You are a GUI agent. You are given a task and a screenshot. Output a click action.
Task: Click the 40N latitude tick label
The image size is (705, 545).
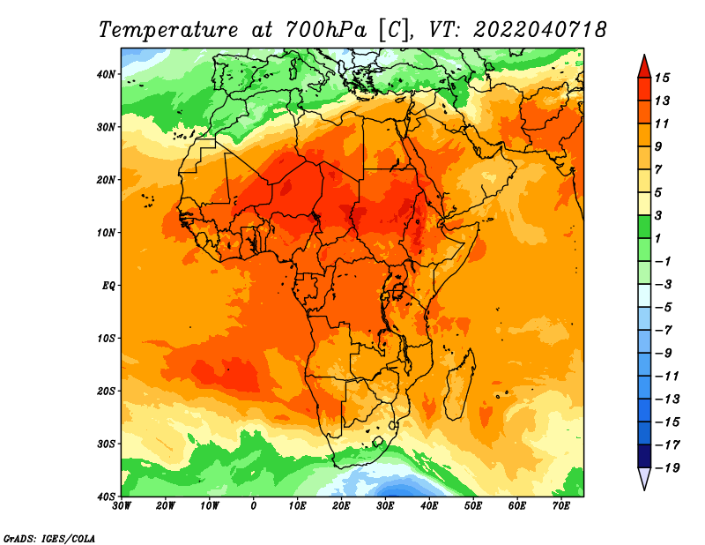click(x=106, y=74)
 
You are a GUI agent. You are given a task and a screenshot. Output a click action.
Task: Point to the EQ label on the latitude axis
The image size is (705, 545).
click(x=108, y=286)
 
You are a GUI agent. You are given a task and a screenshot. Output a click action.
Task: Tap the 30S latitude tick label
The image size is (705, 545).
click(x=106, y=444)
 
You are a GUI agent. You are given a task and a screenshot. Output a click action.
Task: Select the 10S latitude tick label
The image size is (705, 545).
click(x=106, y=339)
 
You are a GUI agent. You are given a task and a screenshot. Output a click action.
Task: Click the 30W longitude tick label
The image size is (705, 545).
click(x=122, y=506)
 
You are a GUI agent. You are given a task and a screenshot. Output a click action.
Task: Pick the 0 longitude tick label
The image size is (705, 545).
click(x=254, y=506)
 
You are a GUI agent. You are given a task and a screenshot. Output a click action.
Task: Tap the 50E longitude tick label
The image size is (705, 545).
click(x=473, y=506)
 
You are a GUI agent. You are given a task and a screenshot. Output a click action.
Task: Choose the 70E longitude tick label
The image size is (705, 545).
click(x=561, y=506)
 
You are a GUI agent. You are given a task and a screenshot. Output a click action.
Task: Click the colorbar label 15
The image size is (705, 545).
click(x=662, y=78)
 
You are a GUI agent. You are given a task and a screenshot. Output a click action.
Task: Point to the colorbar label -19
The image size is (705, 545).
click(x=667, y=468)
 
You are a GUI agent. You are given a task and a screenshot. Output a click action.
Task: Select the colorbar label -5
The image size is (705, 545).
click(x=664, y=308)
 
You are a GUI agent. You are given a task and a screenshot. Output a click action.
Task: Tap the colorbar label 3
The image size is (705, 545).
click(x=658, y=215)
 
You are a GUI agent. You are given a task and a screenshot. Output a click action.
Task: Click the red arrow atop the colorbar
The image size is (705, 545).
click(x=644, y=68)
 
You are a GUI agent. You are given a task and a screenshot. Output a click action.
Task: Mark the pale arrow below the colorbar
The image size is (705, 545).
click(x=644, y=477)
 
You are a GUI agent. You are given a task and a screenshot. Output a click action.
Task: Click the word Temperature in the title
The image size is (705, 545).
click(x=168, y=30)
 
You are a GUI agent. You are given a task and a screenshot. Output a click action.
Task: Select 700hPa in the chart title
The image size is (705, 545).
click(x=326, y=30)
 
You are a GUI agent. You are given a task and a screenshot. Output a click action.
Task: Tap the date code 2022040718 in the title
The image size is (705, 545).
click(x=540, y=30)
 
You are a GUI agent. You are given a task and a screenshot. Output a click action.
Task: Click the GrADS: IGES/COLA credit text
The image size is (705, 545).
click(x=49, y=538)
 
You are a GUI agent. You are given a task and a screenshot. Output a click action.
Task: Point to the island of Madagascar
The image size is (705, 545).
click(x=460, y=384)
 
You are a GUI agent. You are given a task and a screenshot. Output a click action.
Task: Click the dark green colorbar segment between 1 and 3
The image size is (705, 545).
click(x=644, y=227)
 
